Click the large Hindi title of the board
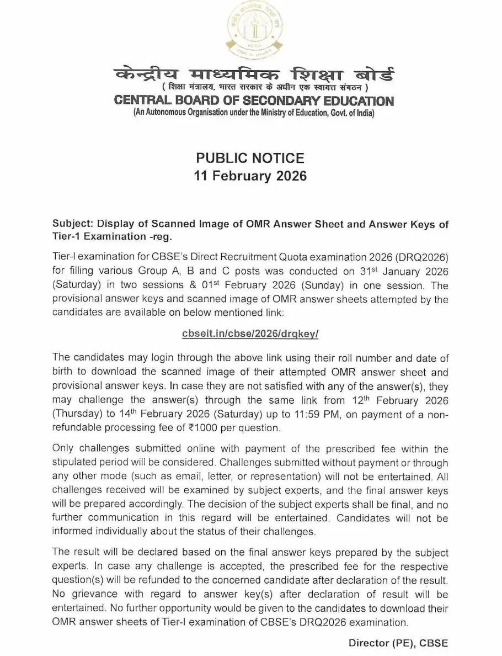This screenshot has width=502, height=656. [x=254, y=76]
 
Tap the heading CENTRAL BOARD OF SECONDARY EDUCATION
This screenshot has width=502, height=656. [x=254, y=101]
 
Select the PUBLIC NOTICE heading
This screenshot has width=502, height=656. [x=250, y=158]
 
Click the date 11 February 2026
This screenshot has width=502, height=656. [x=250, y=177]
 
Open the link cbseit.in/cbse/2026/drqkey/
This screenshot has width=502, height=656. [x=250, y=334]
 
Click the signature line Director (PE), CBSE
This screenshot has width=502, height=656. [x=398, y=643]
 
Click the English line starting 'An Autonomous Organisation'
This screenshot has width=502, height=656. [x=254, y=114]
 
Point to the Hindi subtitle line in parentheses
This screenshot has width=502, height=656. [x=254, y=89]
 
